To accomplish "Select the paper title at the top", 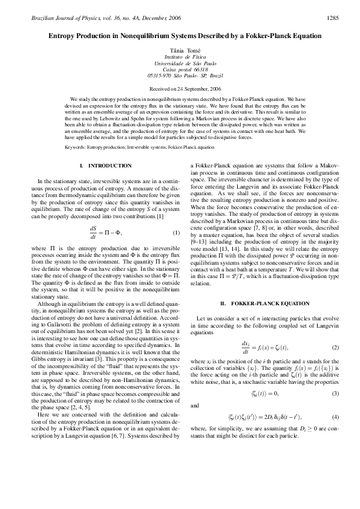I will coord(180,36).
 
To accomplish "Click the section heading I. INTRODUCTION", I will coord(105,166).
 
